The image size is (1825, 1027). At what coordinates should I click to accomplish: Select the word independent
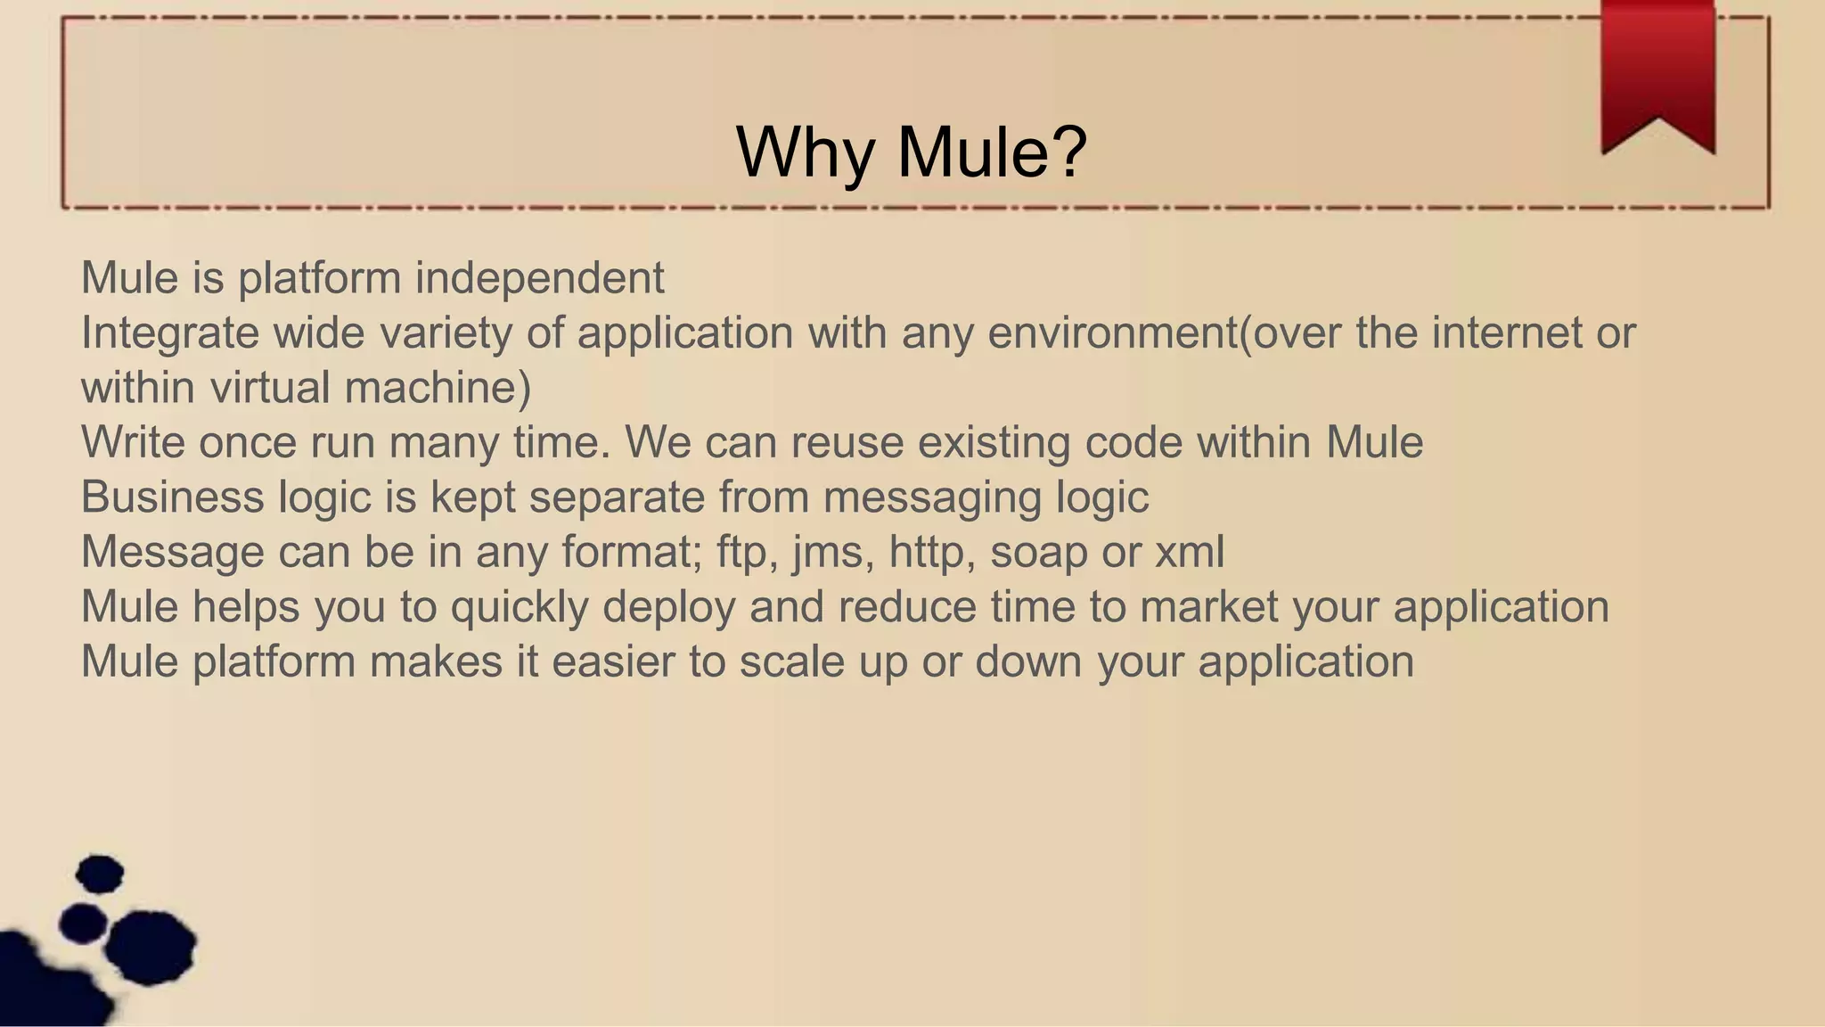pos(539,277)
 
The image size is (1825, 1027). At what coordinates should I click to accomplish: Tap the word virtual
pos(269,388)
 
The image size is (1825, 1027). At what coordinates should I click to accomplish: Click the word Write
pos(133,442)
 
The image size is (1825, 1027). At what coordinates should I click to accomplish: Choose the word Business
pos(172,497)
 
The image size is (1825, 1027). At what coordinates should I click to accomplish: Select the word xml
pos(1190,552)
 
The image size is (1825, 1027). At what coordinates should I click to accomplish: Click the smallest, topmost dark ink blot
pos(100,874)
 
